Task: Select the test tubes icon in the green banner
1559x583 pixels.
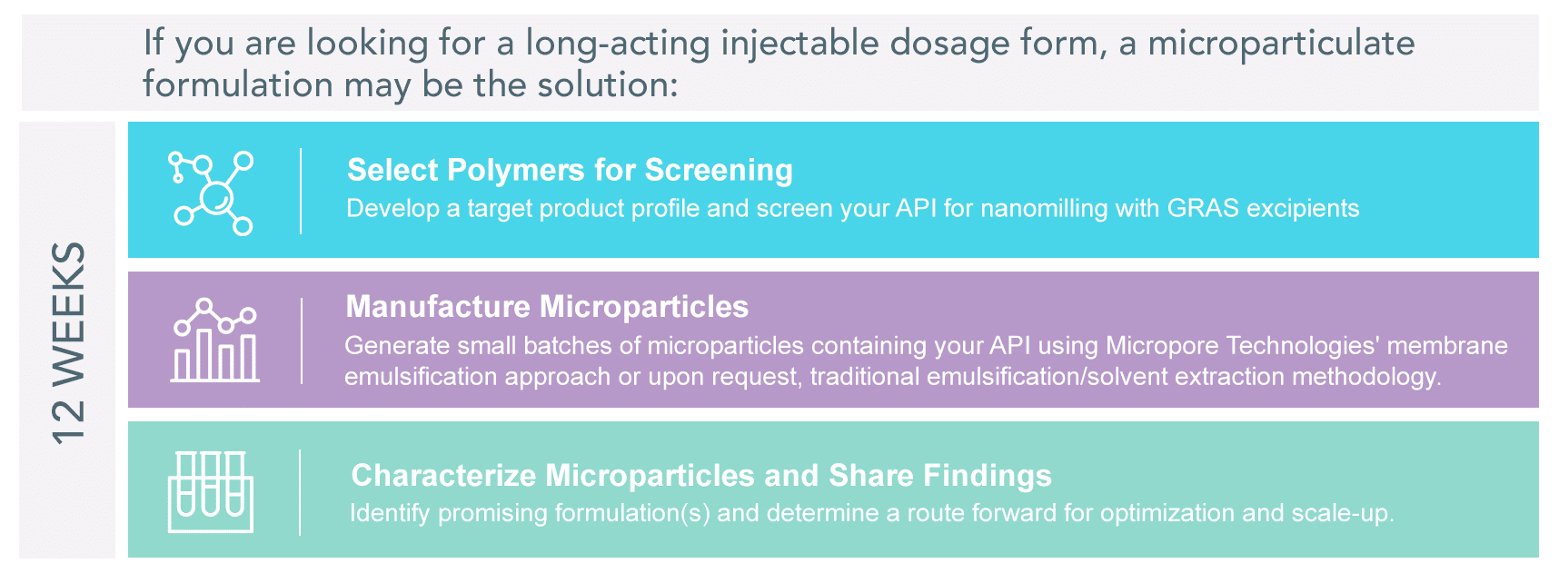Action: tap(211, 491)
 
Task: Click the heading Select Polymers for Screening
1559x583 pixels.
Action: tap(570, 170)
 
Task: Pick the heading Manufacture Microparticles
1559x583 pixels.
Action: tap(547, 306)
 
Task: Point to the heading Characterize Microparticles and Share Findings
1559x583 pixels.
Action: tap(701, 475)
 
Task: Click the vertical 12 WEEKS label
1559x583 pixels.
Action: tap(68, 342)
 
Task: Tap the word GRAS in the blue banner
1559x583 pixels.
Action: tap(1203, 208)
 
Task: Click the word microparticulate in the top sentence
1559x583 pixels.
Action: tap(1281, 44)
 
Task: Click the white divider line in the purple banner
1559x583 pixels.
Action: tap(302, 341)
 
